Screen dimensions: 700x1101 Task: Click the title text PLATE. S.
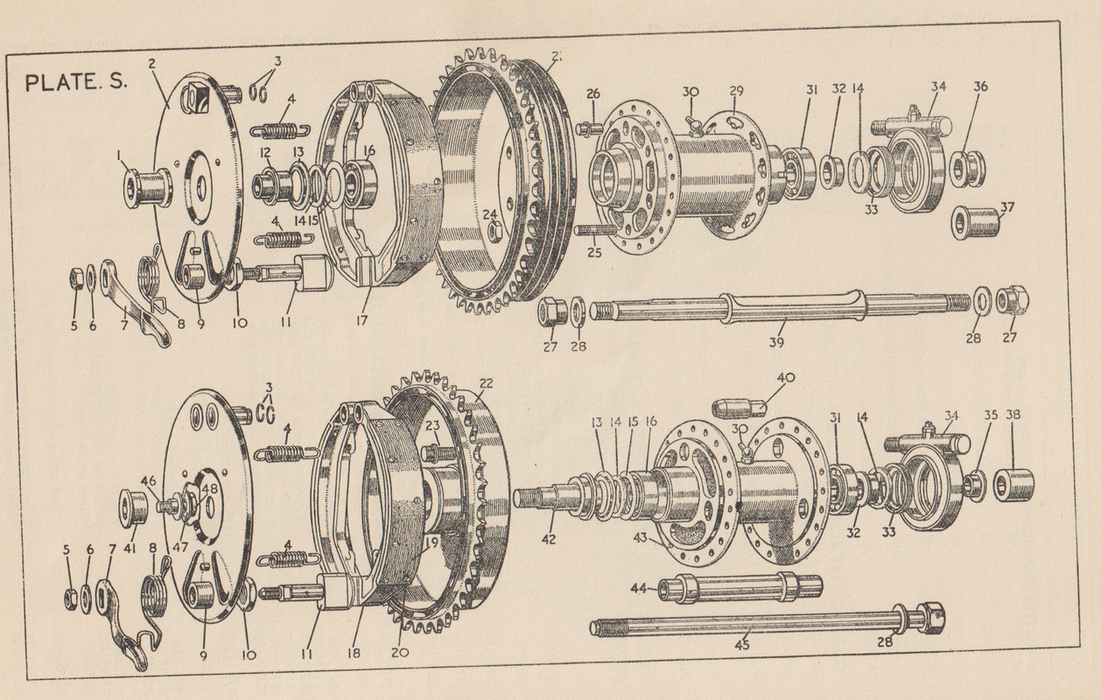click(78, 83)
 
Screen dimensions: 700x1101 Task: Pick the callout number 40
click(786, 379)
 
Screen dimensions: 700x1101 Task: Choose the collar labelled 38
click(1014, 484)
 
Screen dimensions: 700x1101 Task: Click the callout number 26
click(593, 94)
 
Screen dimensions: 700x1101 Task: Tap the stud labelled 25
click(596, 232)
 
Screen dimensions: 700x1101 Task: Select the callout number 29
click(736, 91)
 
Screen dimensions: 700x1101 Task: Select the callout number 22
click(486, 383)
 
